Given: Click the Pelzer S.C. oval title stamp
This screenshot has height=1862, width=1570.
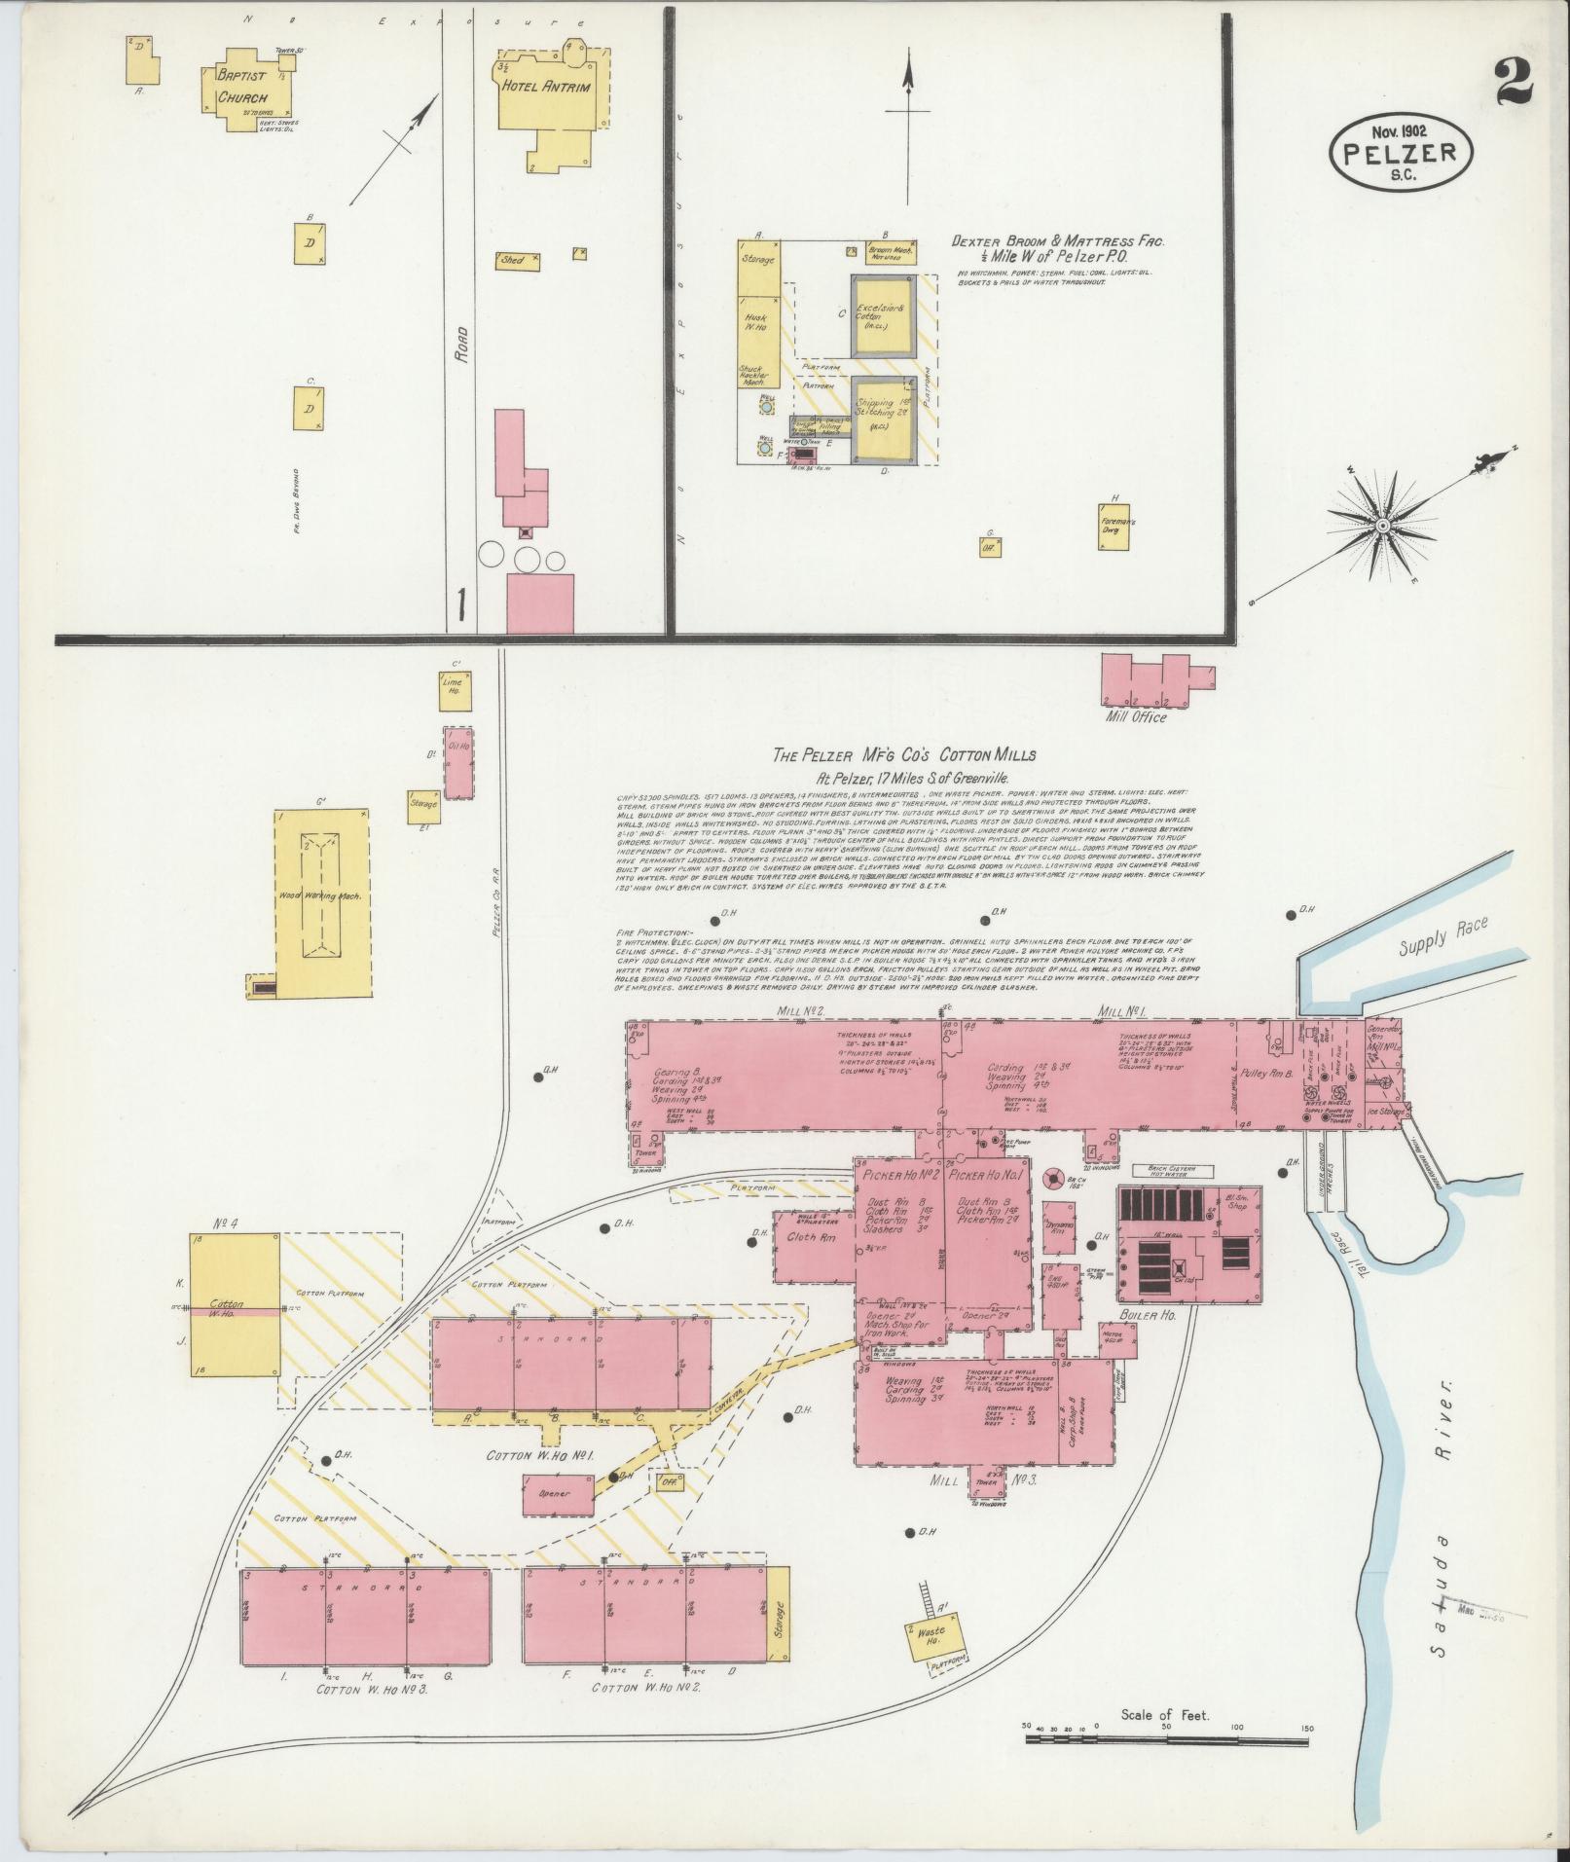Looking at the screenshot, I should pyautogui.click(x=1401, y=150).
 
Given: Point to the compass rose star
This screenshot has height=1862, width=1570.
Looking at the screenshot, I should pyautogui.click(x=1381, y=526).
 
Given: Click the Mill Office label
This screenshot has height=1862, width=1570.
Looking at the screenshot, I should pyautogui.click(x=1136, y=717).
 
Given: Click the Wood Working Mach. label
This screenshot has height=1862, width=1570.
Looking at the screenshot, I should pyautogui.click(x=322, y=896).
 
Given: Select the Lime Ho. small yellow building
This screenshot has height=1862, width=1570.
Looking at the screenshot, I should pyautogui.click(x=455, y=692).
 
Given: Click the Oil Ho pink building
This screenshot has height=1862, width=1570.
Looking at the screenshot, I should pyautogui.click(x=458, y=762).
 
